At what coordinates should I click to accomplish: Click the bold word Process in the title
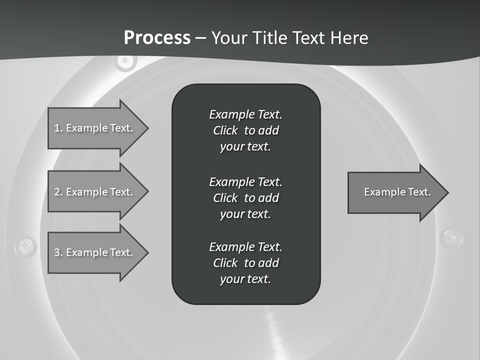click(157, 38)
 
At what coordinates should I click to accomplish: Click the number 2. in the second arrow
click(58, 192)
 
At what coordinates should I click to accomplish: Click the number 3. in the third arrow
click(58, 252)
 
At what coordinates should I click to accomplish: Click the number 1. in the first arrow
click(58, 128)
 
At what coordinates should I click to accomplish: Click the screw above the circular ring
click(125, 61)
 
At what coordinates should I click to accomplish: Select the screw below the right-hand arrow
click(453, 236)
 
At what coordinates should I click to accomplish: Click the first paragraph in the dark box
click(245, 130)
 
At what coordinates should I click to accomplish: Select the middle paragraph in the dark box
click(245, 198)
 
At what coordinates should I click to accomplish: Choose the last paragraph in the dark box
click(245, 263)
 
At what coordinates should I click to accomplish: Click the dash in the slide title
click(201, 38)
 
